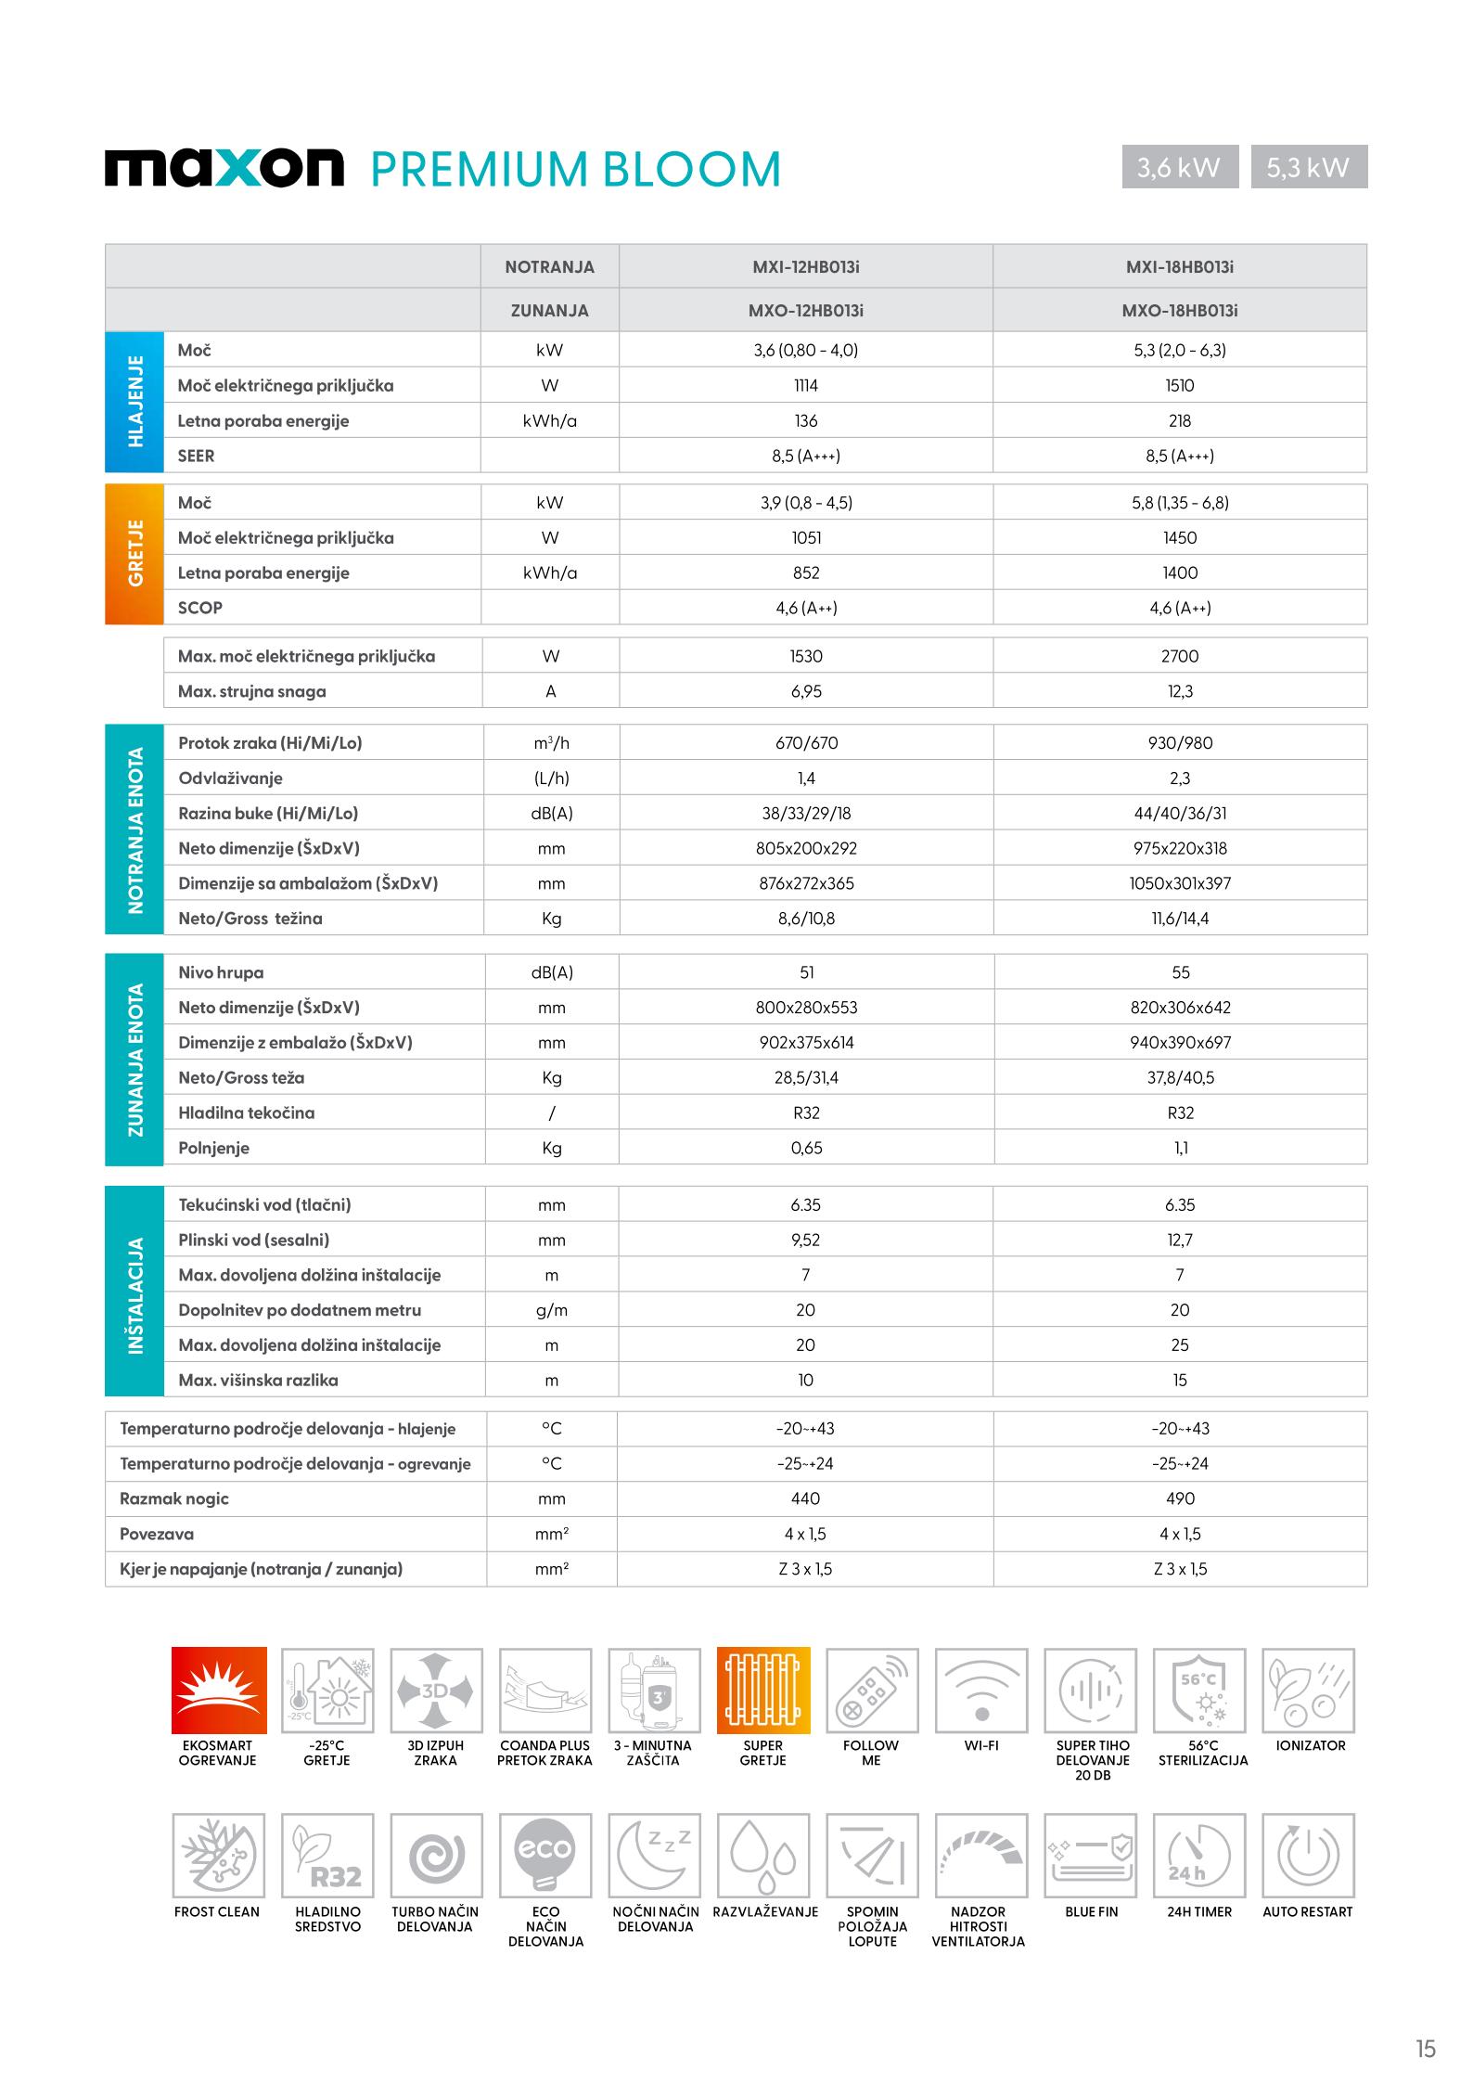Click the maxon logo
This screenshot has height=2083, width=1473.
(x=224, y=168)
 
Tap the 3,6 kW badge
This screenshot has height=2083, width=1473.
(x=1179, y=167)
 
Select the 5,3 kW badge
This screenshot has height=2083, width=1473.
(x=1308, y=167)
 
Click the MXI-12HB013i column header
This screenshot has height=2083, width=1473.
(x=805, y=267)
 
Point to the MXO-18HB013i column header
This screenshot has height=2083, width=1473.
(x=1179, y=311)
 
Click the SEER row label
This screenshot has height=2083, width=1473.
(x=197, y=456)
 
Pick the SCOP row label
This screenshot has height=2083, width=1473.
(x=200, y=608)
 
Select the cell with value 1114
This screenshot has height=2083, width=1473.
(x=805, y=386)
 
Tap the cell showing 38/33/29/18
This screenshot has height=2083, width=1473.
(x=805, y=814)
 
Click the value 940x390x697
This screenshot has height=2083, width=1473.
(x=1179, y=1043)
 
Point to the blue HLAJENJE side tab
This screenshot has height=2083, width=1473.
(x=134, y=402)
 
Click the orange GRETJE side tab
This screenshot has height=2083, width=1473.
(x=134, y=554)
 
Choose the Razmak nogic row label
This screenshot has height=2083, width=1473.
(x=174, y=1498)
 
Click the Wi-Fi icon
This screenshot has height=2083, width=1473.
(x=981, y=1691)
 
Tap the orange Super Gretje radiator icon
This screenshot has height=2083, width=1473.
(x=763, y=1691)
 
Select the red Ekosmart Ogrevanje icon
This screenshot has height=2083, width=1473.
(x=219, y=1691)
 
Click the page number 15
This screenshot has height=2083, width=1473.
(x=1425, y=2023)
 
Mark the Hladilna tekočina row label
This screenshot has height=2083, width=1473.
(x=247, y=1112)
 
